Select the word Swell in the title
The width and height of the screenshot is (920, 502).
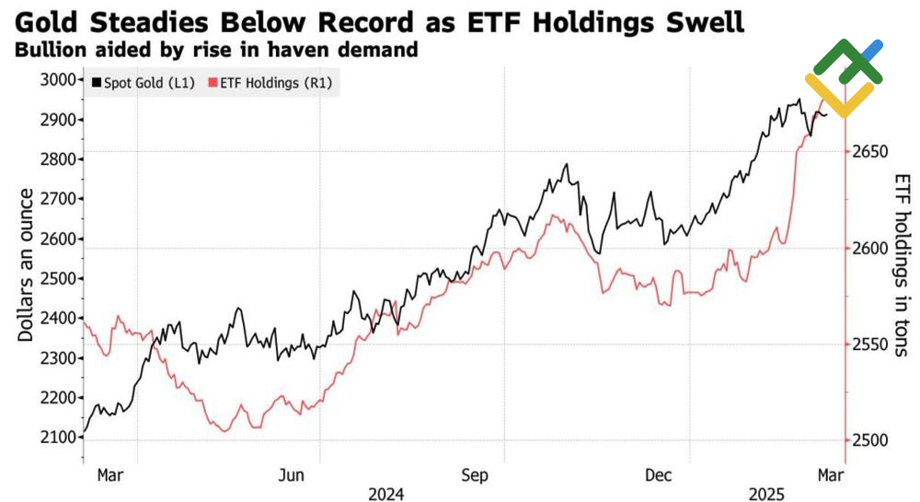coord(690,21)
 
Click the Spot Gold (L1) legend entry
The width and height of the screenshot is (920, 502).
coord(143,84)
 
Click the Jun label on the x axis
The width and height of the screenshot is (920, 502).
coord(292,475)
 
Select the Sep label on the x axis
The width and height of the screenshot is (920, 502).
coord(475,475)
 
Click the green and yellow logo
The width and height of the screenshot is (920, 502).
coord(845,78)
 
